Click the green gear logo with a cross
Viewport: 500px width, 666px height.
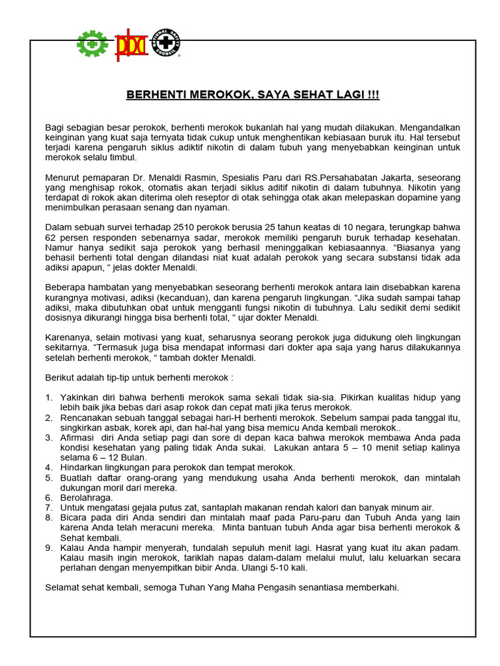[93, 44]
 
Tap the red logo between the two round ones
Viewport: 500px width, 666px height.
[132, 44]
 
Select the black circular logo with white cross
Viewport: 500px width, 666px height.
[166, 44]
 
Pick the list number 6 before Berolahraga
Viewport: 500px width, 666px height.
[49, 497]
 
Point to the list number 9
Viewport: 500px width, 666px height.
[49, 548]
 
